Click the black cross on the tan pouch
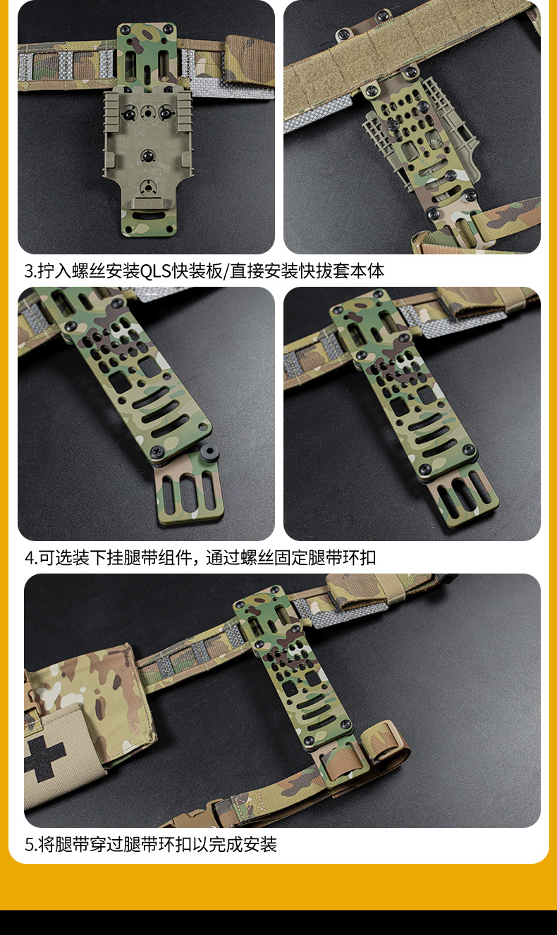[x=45, y=760]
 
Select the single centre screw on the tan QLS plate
[x=147, y=154]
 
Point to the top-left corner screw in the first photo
[x=124, y=30]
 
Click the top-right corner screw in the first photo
[x=169, y=29]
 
